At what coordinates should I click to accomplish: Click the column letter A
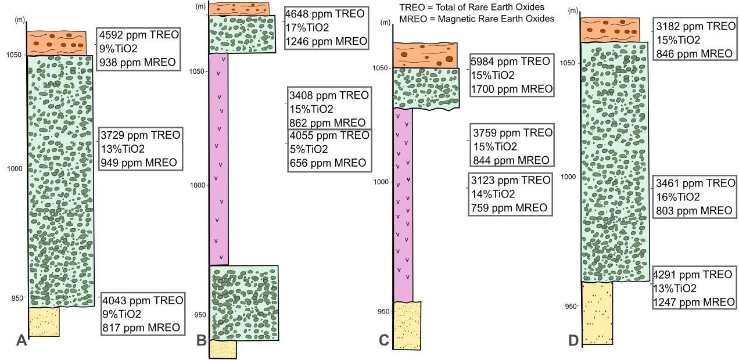click(21, 340)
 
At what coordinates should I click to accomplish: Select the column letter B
click(202, 340)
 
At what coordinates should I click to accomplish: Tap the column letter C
click(384, 340)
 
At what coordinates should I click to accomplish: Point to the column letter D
click(573, 340)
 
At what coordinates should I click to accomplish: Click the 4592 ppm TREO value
click(139, 35)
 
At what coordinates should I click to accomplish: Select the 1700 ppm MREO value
click(512, 89)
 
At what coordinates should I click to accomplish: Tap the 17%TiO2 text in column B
click(307, 27)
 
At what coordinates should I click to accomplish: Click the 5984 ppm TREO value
click(510, 62)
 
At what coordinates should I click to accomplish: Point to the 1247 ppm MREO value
click(694, 302)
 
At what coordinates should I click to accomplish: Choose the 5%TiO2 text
click(309, 149)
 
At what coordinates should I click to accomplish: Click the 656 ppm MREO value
click(328, 163)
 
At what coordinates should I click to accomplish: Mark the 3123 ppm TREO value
click(511, 181)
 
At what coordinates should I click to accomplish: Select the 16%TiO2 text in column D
click(678, 197)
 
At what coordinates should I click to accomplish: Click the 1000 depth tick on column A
click(15, 169)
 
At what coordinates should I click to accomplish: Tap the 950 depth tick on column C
click(383, 311)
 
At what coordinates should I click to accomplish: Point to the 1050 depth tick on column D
click(568, 63)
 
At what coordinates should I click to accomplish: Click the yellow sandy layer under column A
click(44, 322)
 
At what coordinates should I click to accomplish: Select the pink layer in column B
click(218, 159)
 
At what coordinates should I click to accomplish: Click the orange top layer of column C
click(425, 55)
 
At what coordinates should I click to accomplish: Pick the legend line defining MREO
click(477, 19)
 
